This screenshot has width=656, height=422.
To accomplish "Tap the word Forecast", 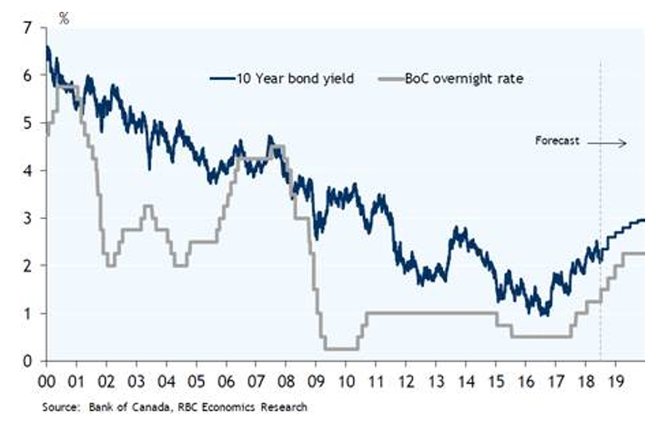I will [558, 142].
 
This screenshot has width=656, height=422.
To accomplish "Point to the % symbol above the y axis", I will [64, 16].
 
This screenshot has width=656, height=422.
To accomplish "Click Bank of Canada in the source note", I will [123, 407].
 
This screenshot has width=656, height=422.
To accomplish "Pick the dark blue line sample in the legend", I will [222, 79].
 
